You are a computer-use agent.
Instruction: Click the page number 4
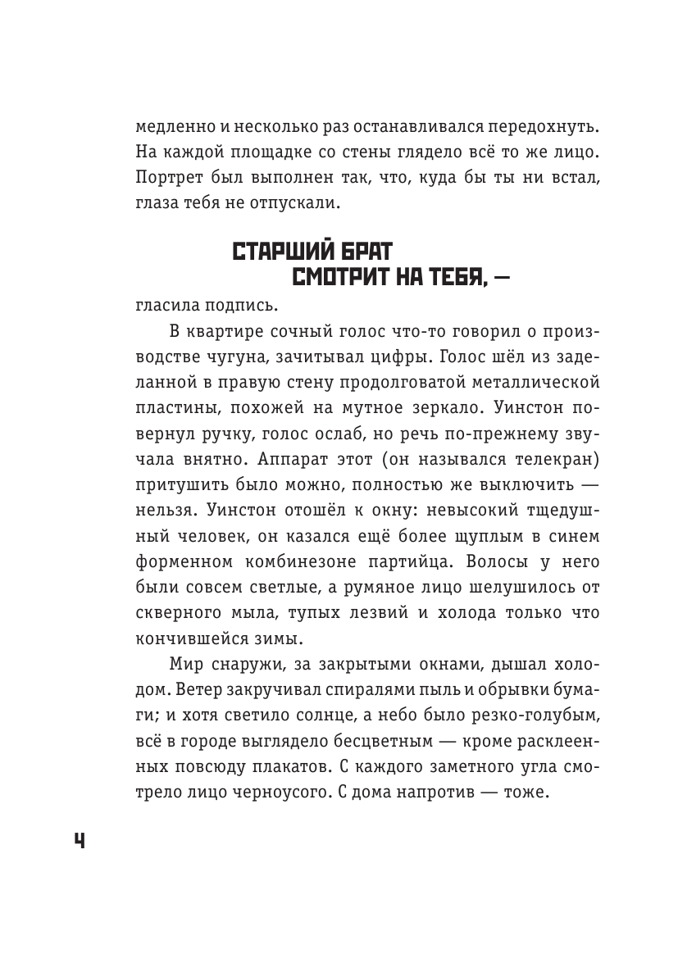[80, 841]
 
